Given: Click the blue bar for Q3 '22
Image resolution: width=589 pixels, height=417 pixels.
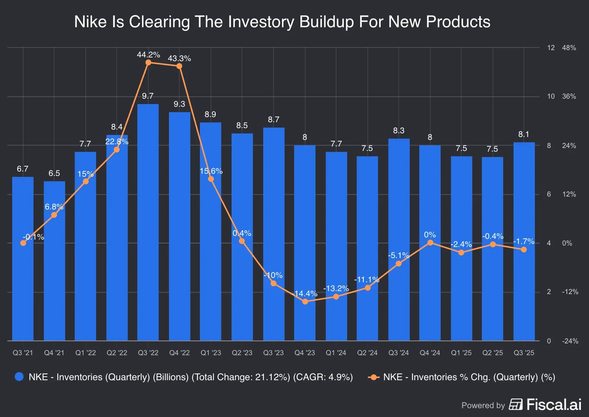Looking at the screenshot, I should point(148,221).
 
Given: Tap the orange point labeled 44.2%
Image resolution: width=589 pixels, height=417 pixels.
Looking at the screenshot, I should point(148,63).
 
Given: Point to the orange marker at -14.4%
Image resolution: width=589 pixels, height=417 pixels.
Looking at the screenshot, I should point(305,301).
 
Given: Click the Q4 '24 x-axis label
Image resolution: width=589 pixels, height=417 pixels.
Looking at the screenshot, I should point(430,353).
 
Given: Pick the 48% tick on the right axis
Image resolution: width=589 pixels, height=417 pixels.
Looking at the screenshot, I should point(569,48).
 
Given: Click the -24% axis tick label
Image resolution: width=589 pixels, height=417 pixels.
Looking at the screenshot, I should point(570,341).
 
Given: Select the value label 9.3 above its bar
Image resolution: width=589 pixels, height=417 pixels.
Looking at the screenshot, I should point(179,104).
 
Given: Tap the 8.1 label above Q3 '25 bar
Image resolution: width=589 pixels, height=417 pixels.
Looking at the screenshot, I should point(523,134).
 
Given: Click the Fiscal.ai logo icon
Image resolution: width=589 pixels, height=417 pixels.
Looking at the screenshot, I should point(516,404).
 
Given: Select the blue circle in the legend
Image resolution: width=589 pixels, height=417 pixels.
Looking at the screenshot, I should point(19,377).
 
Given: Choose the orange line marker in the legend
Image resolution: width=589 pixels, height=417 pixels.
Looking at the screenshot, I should point(374,377).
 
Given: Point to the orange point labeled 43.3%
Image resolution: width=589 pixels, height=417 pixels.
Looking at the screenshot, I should point(179,66).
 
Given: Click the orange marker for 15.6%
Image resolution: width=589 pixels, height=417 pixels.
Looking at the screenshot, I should point(211,179).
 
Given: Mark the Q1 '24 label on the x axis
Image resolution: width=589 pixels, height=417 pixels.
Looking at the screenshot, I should point(336,353).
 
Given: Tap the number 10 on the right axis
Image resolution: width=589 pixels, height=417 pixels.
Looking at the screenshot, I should point(551,96).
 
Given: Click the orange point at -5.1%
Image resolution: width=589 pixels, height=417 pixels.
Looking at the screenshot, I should point(399,264).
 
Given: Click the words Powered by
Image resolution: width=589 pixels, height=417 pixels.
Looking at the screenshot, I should point(483,405).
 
